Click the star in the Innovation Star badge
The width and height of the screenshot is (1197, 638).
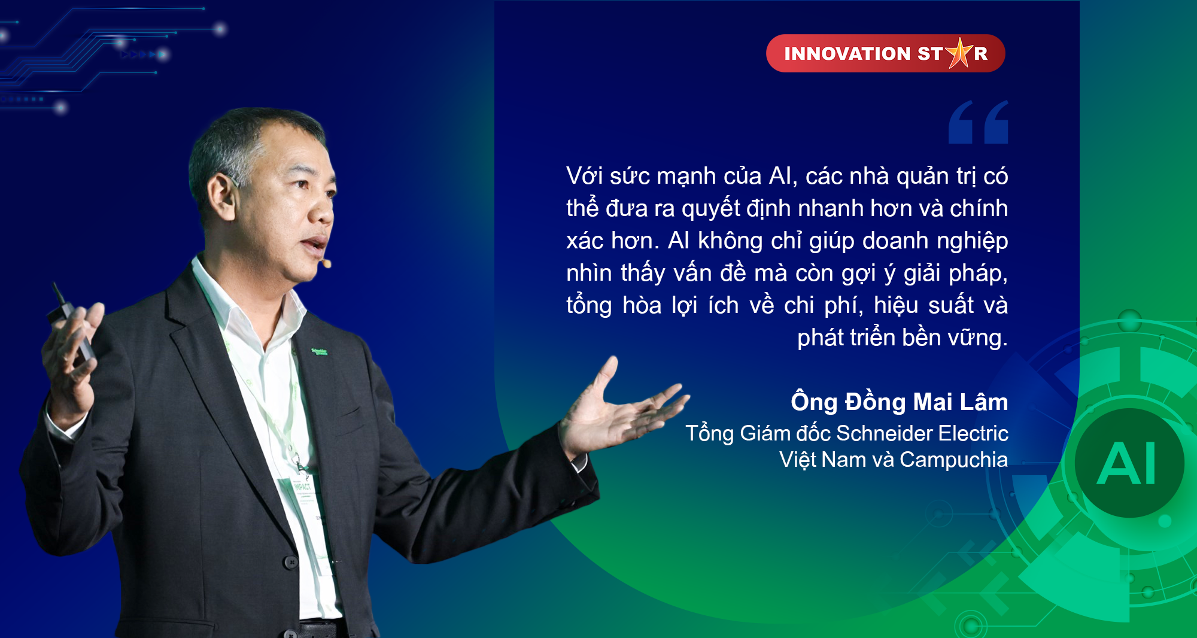point(960,53)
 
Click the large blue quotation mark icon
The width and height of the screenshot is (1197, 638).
point(979,122)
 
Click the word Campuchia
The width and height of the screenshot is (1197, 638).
point(954,460)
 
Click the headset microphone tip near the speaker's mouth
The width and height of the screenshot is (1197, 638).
point(327,263)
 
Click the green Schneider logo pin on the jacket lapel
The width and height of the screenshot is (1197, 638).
point(319,351)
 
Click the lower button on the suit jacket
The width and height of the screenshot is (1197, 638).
point(290,562)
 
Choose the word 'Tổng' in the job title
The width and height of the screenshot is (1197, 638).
point(710,433)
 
